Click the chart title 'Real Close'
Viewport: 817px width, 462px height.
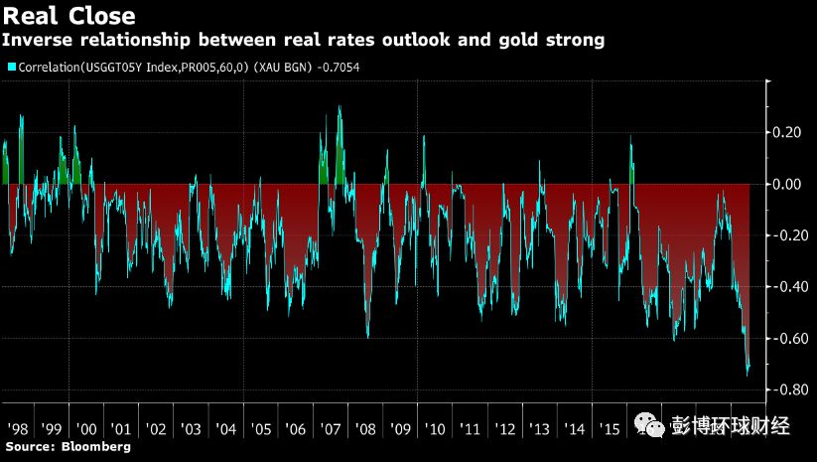pos(68,17)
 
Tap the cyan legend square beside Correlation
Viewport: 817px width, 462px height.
pos(12,67)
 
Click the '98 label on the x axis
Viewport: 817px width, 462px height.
pos(16,428)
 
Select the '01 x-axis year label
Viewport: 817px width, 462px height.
pos(121,428)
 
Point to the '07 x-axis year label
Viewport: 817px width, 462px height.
pos(331,428)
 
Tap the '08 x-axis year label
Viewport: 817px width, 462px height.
pos(365,428)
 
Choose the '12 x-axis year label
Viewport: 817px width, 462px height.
pos(505,428)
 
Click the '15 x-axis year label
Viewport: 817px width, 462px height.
pos(610,428)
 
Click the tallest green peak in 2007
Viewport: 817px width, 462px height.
pos(340,106)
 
